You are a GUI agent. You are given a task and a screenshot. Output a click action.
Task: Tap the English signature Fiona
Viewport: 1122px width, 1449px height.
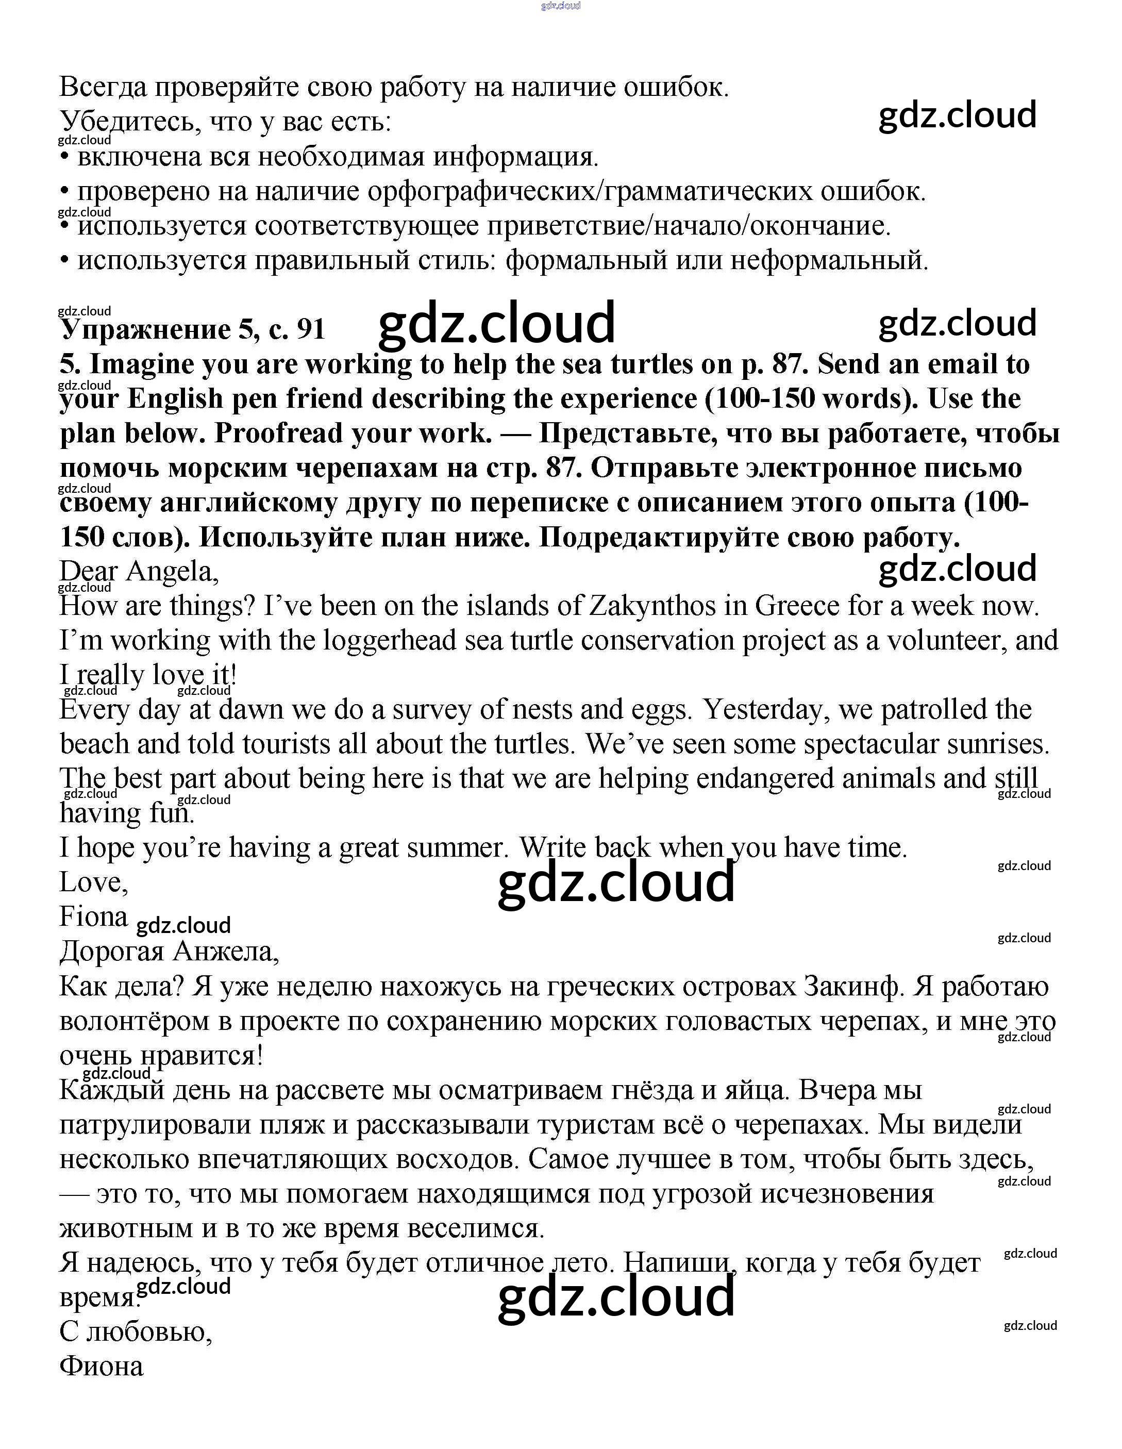[94, 917]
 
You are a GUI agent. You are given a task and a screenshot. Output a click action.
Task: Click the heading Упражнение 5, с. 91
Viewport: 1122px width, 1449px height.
[192, 329]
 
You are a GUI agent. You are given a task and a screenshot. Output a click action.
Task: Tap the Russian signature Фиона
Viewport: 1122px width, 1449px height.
[102, 1367]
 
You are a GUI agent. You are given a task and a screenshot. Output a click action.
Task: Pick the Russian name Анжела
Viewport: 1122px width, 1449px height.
[226, 952]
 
